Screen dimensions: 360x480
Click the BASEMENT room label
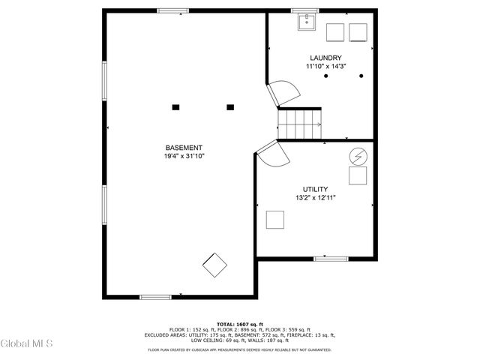coord(184,148)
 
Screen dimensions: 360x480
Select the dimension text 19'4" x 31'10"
coord(184,156)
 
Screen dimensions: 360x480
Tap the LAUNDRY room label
coord(325,58)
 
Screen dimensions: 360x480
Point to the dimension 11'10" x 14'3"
coord(325,66)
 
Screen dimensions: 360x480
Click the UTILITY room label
coord(315,189)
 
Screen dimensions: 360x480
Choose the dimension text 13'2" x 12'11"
coord(315,198)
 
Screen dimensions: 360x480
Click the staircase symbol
coord(300,123)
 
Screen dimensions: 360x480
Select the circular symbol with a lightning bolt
coord(358,156)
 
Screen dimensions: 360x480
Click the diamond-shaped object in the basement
coord(215,264)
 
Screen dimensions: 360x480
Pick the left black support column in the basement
coord(175,107)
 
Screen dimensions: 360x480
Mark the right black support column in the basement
coord(229,107)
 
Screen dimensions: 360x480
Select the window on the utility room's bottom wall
coord(331,259)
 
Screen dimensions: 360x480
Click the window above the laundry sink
coord(306,10)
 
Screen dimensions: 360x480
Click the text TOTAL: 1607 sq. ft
coord(240,324)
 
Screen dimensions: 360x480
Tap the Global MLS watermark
coord(26,344)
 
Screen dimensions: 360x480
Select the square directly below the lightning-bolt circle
coord(358,176)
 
